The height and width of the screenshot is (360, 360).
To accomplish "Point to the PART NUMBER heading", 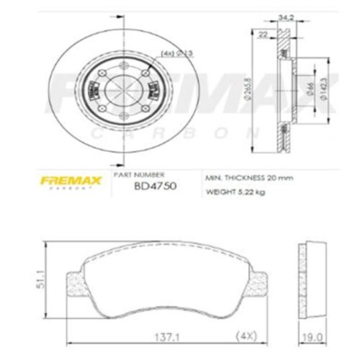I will click(x=149, y=175).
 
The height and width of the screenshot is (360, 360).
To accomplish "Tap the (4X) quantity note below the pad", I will click(x=246, y=334).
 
